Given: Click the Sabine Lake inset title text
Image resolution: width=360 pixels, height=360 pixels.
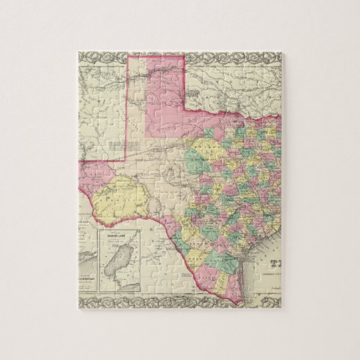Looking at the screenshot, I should pyautogui.click(x=121, y=237).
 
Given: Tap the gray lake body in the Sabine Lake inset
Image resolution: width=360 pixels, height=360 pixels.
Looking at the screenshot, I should pyautogui.click(x=121, y=258).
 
